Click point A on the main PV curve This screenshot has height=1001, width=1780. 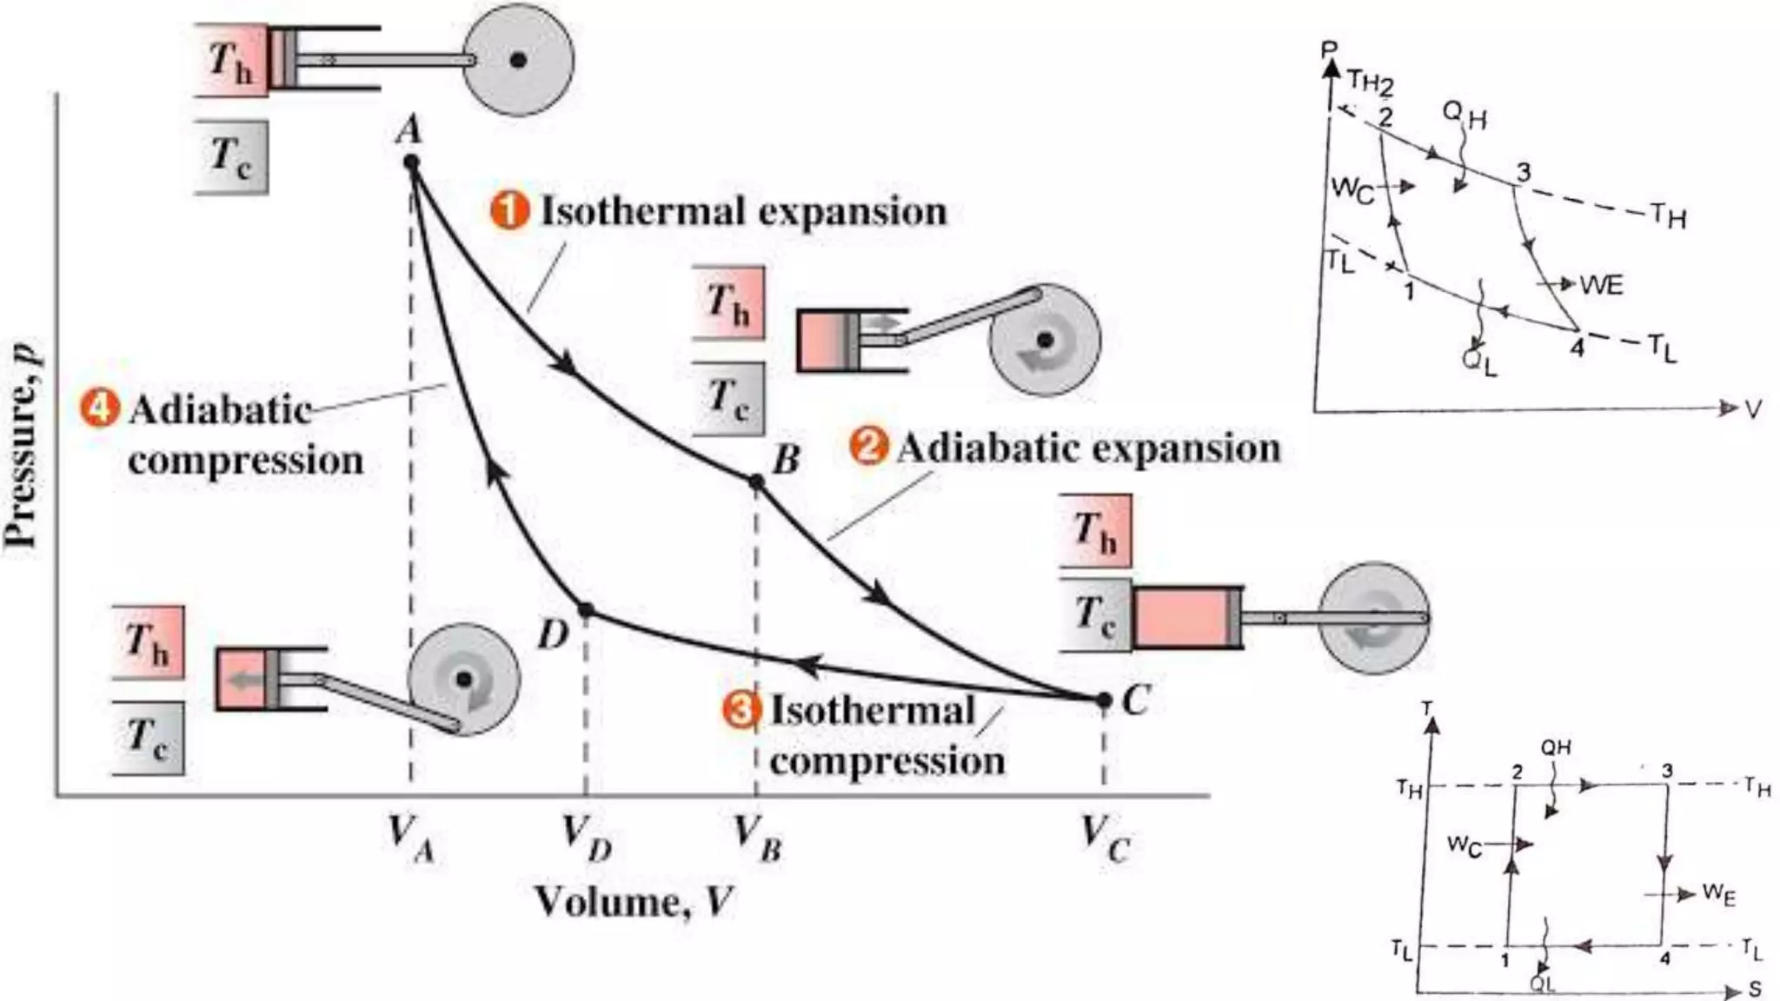412,162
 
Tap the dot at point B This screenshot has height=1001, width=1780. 756,481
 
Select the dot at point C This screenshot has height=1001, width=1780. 1104,699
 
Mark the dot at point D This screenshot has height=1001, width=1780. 586,610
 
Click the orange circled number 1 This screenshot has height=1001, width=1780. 509,211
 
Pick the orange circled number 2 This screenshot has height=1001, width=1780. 868,447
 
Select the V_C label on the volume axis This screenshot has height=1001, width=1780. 1105,838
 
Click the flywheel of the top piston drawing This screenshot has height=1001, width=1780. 518,60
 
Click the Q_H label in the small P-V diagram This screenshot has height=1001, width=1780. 1464,115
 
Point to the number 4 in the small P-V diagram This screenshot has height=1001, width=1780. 1577,348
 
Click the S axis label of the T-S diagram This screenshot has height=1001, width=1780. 1755,989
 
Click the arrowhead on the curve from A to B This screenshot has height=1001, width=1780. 567,363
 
